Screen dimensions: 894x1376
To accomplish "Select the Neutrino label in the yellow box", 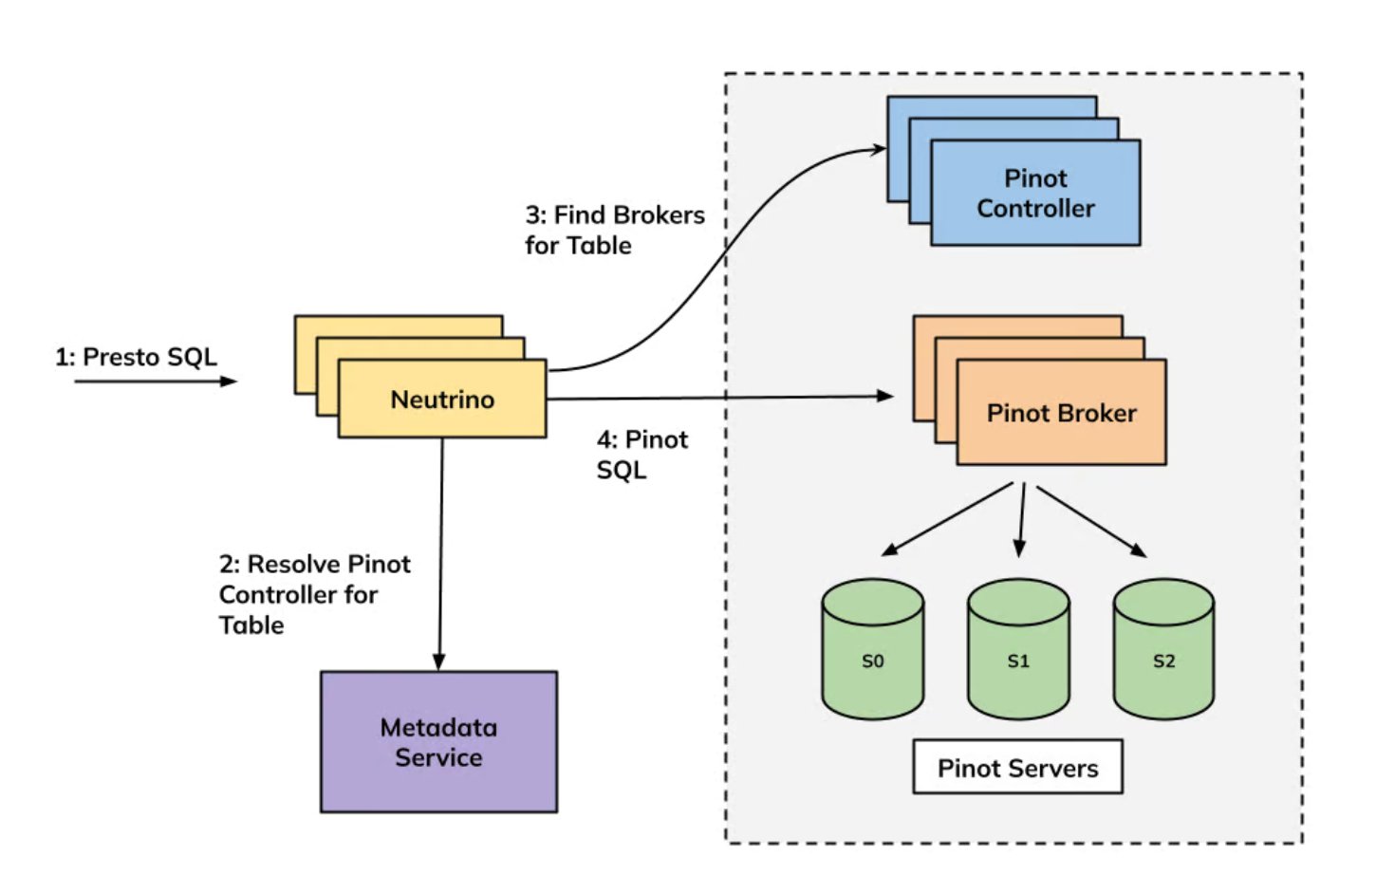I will pyautogui.click(x=442, y=400).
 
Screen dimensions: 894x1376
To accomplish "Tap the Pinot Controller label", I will pyautogui.click(x=1035, y=194).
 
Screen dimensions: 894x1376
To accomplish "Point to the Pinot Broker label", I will pyautogui.click(x=1061, y=413).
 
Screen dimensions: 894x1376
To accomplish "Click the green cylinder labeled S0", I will pyautogui.click(x=872, y=650).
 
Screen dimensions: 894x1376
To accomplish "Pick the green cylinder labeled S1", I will pyautogui.click(x=1018, y=650).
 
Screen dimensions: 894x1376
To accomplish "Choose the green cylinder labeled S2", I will pyautogui.click(x=1163, y=650).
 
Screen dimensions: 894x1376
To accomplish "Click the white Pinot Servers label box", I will pyautogui.click(x=1017, y=768).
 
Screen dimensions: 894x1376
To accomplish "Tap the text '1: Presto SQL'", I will pyautogui.click(x=136, y=357).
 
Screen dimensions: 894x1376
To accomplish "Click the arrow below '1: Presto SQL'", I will pyautogui.click(x=156, y=382).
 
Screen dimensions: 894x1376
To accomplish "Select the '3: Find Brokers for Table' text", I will pyautogui.click(x=614, y=230).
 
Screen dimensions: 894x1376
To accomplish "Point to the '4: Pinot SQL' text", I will pyautogui.click(x=642, y=455).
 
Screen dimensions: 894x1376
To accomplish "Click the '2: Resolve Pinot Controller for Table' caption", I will pyautogui.click(x=314, y=594).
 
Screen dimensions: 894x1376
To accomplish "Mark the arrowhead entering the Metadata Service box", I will pyautogui.click(x=438, y=661).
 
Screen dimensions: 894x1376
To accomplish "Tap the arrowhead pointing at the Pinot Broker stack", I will pyautogui.click(x=885, y=396).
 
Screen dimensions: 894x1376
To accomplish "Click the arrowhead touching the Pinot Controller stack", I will pyautogui.click(x=878, y=148).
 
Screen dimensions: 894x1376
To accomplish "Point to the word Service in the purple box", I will pyautogui.click(x=438, y=758).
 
